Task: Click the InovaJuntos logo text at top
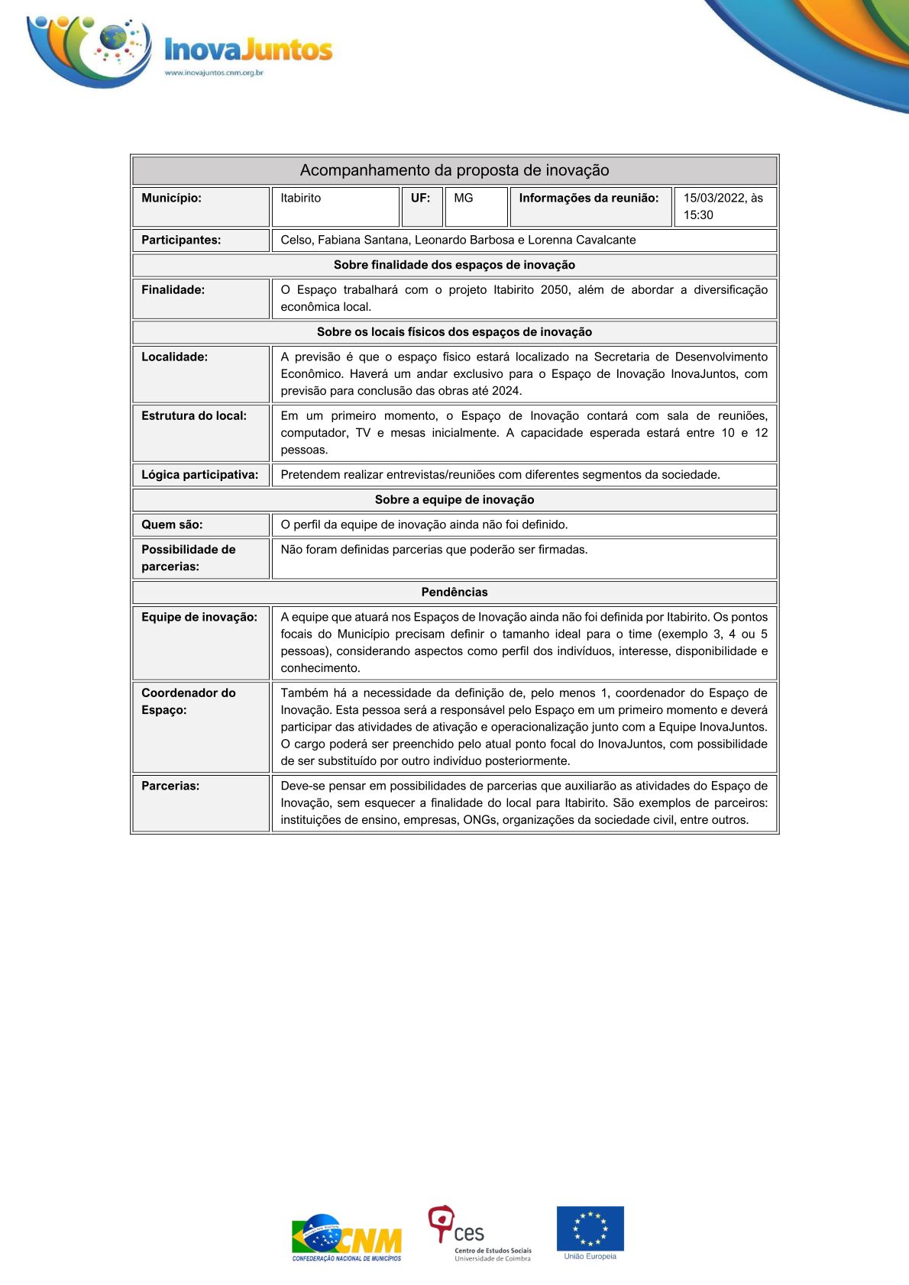248,50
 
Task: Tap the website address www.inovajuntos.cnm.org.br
214,73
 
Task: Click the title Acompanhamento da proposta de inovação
454,170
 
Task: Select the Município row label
172,199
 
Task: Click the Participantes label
181,240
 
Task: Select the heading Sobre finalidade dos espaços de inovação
454,265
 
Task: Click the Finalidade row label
173,290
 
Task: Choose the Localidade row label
175,357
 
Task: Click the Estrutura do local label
194,416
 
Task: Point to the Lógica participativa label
200,475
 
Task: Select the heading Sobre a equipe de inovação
454,500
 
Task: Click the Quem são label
172,525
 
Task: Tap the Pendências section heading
454,592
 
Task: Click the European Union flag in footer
590,1228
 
